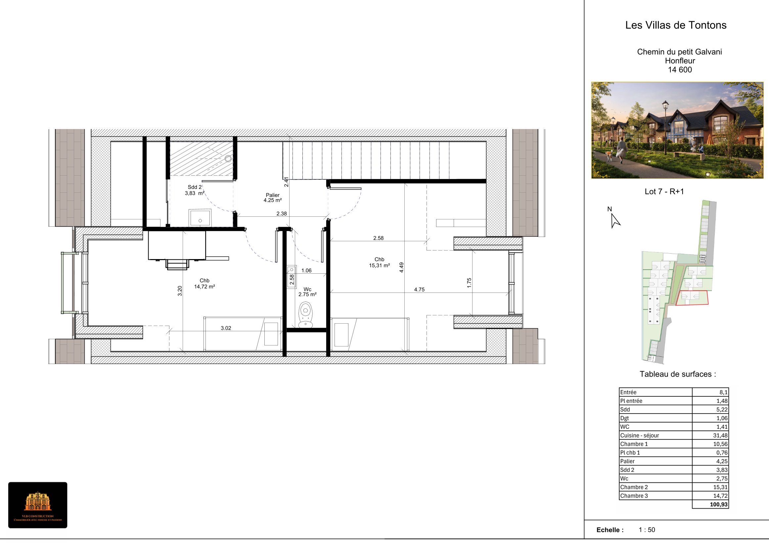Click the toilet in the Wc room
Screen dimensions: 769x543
305,315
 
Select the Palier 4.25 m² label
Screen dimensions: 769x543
273,198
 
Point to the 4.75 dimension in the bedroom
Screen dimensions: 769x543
419,290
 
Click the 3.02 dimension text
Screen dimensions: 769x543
226,328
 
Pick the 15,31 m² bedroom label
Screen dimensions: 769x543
380,262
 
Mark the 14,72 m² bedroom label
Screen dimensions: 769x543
204,283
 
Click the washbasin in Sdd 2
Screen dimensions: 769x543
200,218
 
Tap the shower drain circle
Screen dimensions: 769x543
228,158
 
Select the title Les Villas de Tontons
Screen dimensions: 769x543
676,25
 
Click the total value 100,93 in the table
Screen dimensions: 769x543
719,505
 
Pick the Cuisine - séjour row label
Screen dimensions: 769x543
639,435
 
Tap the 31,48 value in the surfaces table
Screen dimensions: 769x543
720,435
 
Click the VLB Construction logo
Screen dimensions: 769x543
38,505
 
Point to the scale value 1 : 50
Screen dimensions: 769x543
647,530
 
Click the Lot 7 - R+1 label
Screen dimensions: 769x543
664,192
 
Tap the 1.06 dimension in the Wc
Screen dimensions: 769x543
306,271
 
